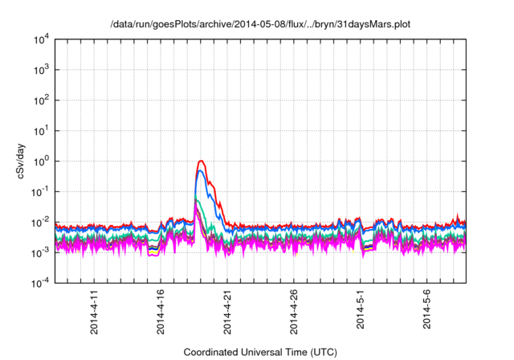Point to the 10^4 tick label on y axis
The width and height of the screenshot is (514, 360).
42,39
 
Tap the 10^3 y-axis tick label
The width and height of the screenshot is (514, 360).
42,69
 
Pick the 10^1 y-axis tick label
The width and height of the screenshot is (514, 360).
42,130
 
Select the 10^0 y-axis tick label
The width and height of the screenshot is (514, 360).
42,161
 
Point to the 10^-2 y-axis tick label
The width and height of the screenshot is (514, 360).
42,222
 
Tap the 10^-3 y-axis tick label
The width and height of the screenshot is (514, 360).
42,252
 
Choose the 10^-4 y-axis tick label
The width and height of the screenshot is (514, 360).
42,283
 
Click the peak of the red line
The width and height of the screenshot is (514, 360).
201,161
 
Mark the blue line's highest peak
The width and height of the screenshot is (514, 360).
201,170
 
